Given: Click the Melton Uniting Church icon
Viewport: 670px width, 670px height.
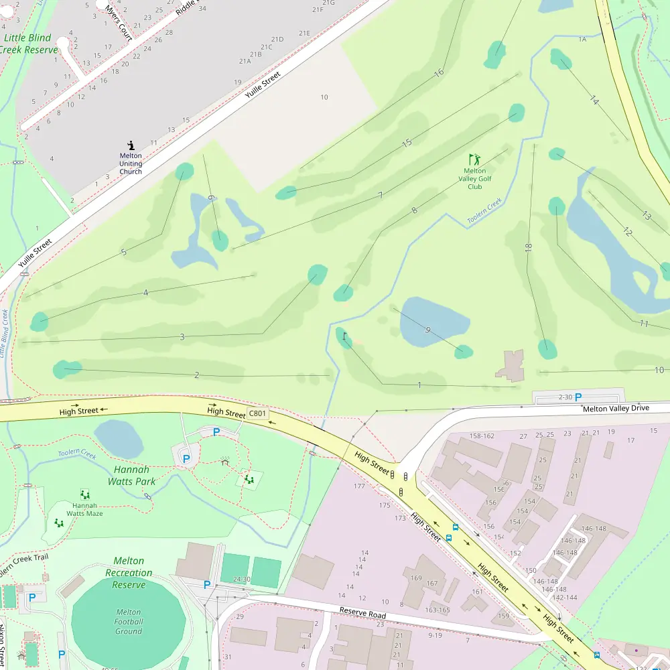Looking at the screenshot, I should coord(131,145).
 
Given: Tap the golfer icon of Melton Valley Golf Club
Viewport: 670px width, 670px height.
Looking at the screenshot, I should coord(475,159).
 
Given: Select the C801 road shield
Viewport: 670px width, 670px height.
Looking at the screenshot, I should coord(257,414).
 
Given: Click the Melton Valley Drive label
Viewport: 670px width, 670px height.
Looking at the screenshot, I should coord(616,408).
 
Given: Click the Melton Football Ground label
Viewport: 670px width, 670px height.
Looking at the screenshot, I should coord(129,621).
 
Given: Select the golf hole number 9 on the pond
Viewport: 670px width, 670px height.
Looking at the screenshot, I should coord(427,329).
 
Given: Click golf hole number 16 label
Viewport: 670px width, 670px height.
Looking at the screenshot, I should coord(439,73).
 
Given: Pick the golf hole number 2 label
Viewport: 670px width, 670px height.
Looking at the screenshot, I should coord(196,375).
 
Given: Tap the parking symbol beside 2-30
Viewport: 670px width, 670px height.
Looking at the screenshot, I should coord(578,397).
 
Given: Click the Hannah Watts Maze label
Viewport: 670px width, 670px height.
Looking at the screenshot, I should coord(85,509).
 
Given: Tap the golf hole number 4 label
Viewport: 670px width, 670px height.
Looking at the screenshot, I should coord(145,293).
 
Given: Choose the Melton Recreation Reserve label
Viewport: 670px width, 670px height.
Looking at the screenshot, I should coord(129,573).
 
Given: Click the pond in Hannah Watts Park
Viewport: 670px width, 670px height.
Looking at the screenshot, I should coord(119,440).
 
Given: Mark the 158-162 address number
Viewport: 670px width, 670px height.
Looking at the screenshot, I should coord(482,436).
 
